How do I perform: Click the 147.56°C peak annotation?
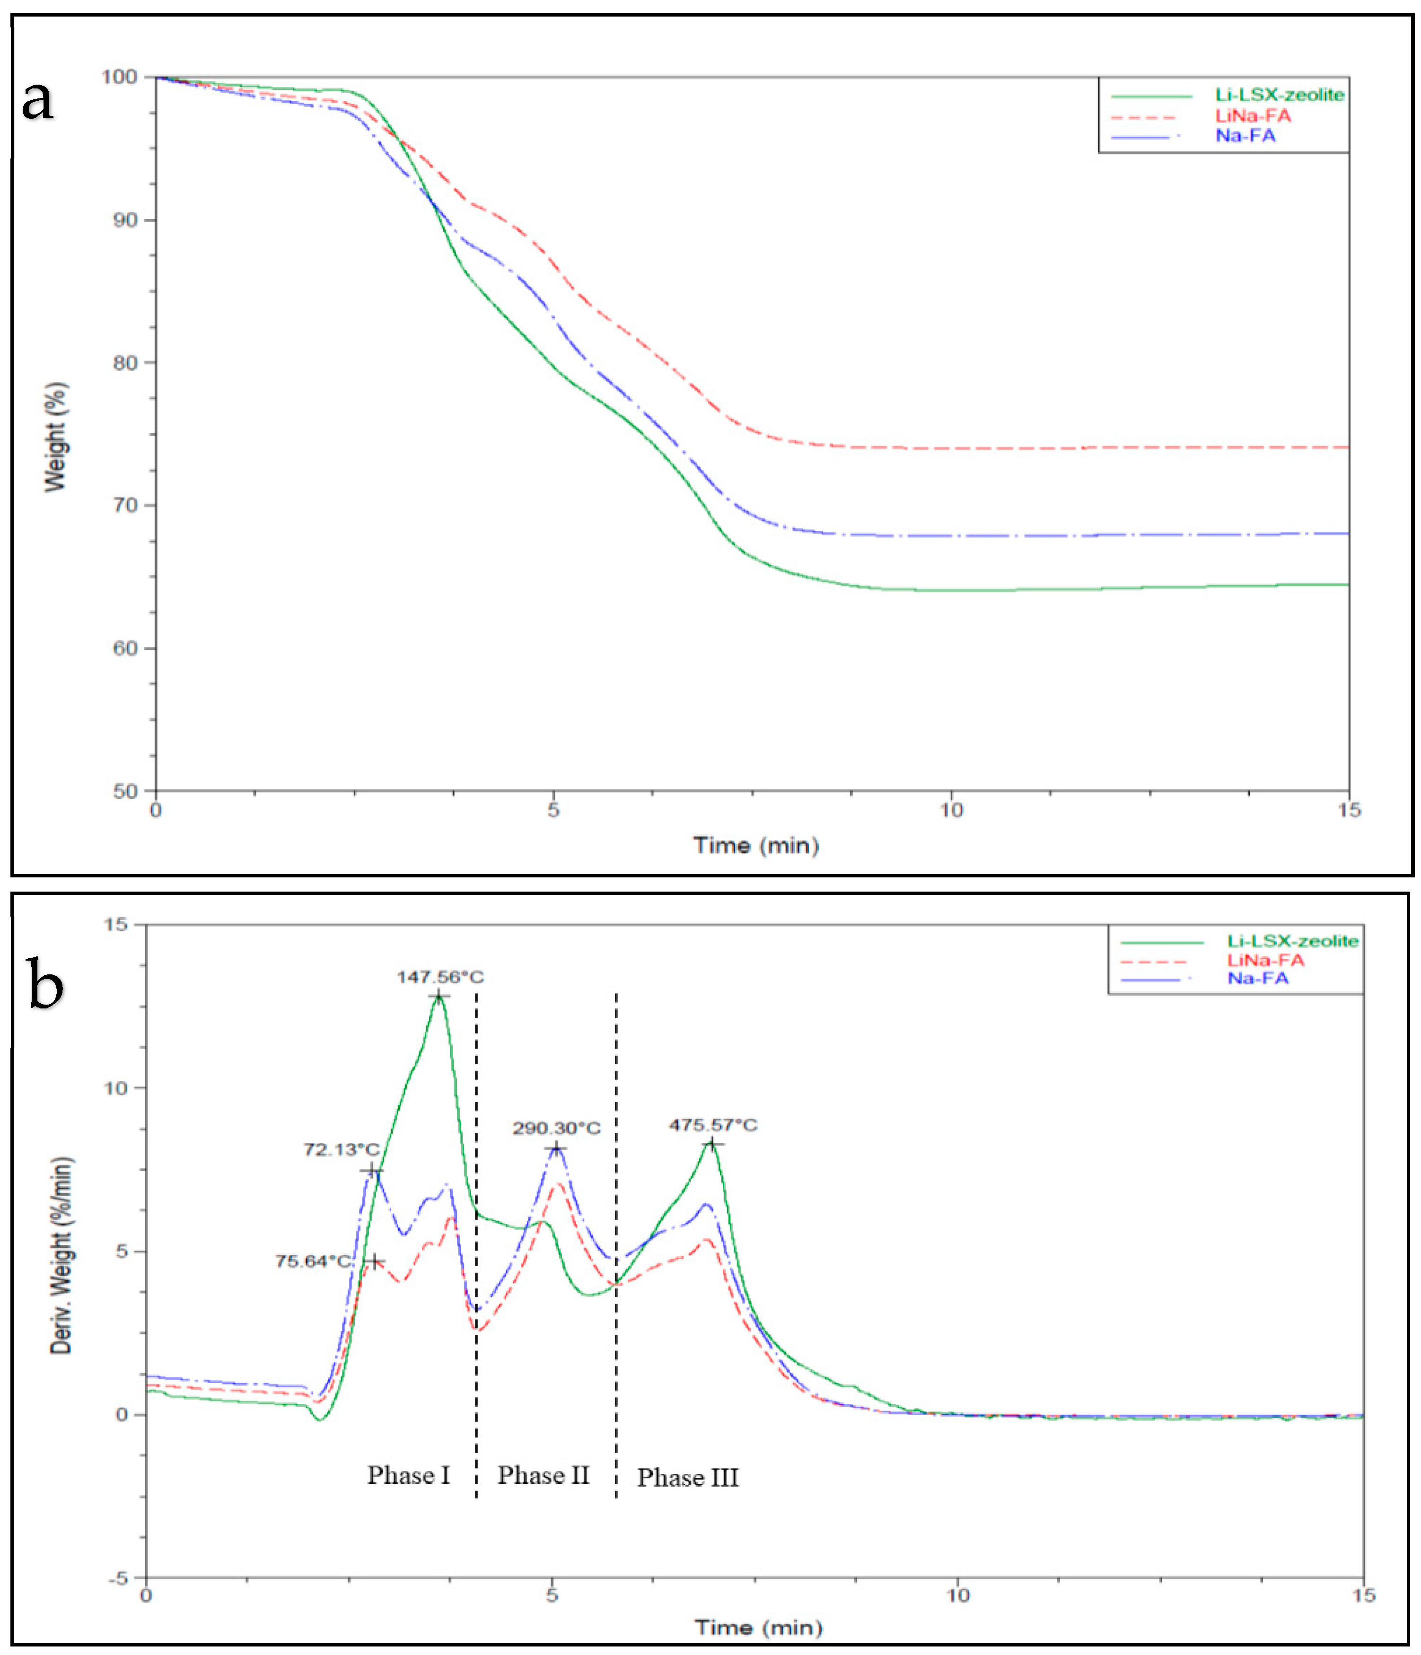(440, 977)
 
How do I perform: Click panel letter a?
(37, 101)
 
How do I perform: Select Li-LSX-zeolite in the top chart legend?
(1279, 95)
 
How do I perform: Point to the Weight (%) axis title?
(55, 437)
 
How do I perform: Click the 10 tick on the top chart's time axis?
(950, 810)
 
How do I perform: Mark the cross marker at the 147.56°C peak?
(438, 996)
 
